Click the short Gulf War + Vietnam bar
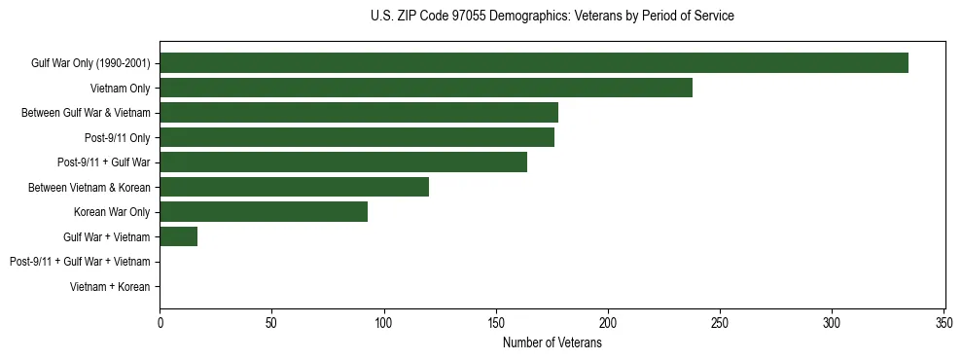[178, 236]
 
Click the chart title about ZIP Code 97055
[552, 17]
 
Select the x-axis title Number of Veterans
[552, 343]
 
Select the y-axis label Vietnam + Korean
[110, 287]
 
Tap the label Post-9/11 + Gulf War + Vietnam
[80, 262]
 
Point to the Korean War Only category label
[112, 212]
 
